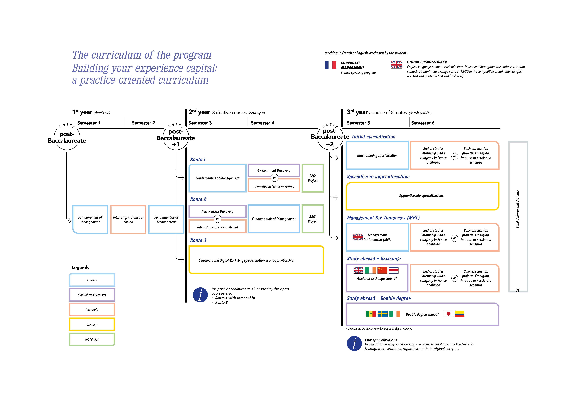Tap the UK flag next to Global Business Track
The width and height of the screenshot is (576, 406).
(396, 65)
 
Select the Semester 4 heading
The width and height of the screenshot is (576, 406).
(262, 123)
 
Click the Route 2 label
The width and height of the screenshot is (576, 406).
(198, 199)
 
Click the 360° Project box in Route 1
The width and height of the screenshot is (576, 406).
(313, 178)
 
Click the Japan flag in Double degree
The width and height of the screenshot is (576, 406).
(448, 314)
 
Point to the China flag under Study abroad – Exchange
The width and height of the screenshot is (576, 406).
(382, 270)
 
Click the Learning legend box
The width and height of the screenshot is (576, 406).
(92, 325)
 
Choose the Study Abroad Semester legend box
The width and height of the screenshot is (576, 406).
(92, 295)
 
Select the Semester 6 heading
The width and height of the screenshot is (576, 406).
(422, 123)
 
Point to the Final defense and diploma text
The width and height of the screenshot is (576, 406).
(517, 209)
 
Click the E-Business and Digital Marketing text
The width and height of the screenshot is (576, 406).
(246, 260)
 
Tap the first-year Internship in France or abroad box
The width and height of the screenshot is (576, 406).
(128, 220)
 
